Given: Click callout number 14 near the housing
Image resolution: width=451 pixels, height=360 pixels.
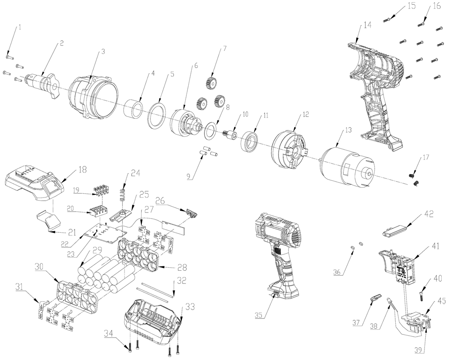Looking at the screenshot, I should click(x=368, y=27).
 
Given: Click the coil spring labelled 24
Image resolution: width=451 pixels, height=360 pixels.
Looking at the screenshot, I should click(x=124, y=195).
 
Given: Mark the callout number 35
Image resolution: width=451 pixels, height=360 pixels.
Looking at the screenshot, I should click(x=261, y=315).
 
